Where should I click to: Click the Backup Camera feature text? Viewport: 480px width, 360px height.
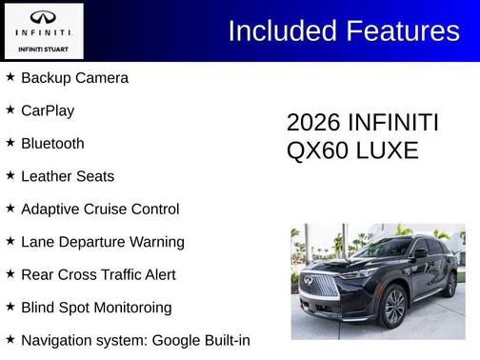(74, 78)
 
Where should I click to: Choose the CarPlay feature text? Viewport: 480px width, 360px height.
(48, 110)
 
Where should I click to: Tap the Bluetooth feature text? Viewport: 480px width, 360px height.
(52, 144)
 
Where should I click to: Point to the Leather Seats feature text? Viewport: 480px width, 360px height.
(68, 176)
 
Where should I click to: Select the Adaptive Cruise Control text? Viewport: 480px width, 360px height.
(100, 210)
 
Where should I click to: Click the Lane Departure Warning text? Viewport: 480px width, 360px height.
(103, 242)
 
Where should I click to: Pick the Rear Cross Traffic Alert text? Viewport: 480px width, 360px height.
(99, 275)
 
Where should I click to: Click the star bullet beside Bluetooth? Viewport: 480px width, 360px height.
(10, 143)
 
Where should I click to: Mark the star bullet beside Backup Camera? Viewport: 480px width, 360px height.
(10, 77)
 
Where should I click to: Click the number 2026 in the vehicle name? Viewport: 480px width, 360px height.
(313, 124)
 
